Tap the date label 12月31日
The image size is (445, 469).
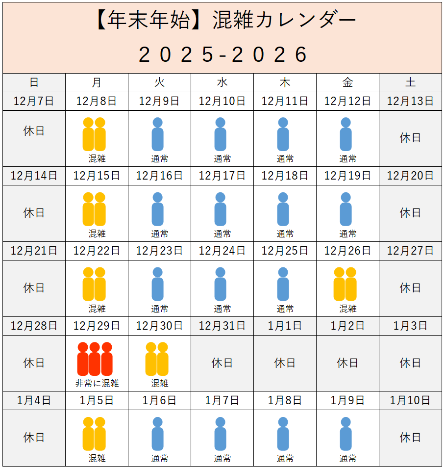click(222, 326)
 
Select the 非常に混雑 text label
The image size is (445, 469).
click(97, 384)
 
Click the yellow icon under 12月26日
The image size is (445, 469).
click(345, 284)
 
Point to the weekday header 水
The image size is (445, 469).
click(222, 82)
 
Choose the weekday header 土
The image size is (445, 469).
click(410, 82)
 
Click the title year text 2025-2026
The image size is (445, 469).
click(223, 54)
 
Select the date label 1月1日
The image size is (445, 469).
click(285, 326)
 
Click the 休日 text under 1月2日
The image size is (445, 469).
click(347, 363)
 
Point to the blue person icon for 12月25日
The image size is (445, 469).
click(283, 284)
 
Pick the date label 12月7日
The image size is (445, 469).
click(34, 102)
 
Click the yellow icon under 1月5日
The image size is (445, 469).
click(94, 434)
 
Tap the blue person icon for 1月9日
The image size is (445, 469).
click(346, 434)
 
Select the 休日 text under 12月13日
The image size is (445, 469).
click(410, 138)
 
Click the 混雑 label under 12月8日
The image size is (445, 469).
click(97, 159)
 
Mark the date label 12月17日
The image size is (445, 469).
click(222, 176)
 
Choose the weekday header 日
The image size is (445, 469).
click(34, 82)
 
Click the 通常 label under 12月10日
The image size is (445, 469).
click(222, 159)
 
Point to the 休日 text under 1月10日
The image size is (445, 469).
click(410, 438)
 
